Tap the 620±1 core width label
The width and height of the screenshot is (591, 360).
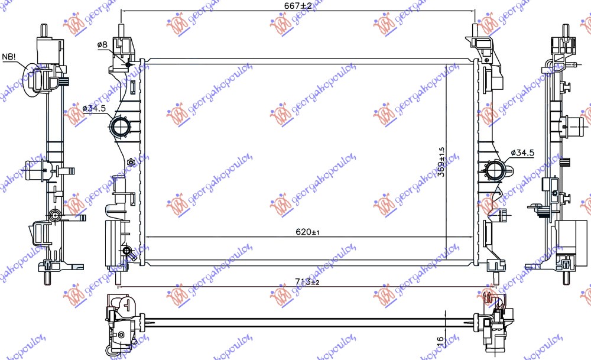[308, 232]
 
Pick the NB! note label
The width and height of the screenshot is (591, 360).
[9, 57]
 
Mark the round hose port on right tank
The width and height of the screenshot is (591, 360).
[494, 171]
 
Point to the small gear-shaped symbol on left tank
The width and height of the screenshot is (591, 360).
[131, 162]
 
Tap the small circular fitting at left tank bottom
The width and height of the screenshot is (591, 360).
[126, 252]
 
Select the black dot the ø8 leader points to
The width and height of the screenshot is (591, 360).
[128, 64]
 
